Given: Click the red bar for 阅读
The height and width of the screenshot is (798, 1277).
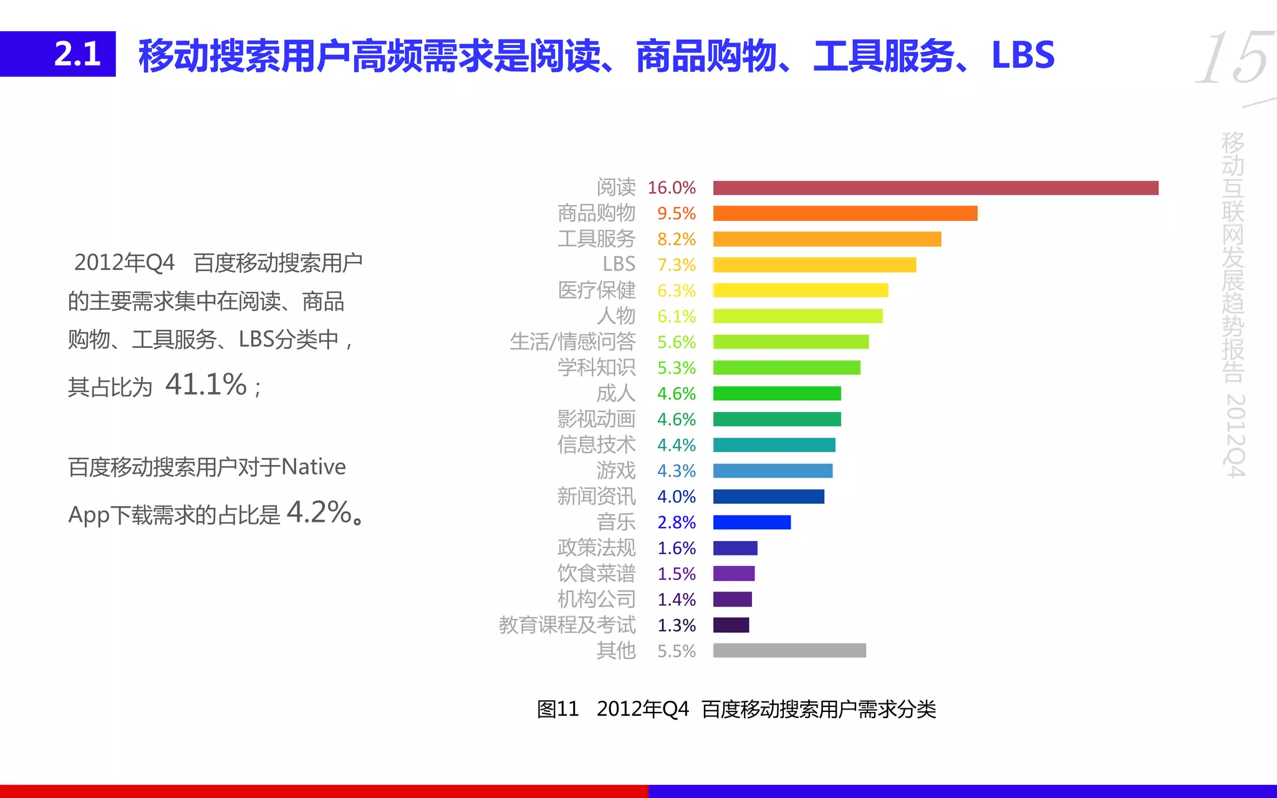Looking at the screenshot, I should coord(935,188).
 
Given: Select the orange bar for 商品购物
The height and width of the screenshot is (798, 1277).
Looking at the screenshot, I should coord(845,213).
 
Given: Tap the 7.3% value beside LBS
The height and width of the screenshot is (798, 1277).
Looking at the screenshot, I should coord(676,265).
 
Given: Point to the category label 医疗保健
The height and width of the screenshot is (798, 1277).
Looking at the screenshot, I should coord(597,291).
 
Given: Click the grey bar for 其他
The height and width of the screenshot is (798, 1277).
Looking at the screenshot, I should coord(789,650).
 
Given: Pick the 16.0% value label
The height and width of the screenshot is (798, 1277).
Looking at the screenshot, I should coord(671,188).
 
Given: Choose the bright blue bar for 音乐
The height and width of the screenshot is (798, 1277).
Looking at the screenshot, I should coord(752,522).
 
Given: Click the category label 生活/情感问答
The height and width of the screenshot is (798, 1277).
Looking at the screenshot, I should coord(572,342).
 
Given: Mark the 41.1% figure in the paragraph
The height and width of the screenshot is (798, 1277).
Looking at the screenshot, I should coord(206,384).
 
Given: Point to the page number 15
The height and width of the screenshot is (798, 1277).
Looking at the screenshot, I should coord(1233,59).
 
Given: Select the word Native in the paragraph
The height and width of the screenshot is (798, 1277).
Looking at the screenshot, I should coord(314,467).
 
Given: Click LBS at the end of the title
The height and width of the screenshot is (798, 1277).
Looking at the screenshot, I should coord(1023,55).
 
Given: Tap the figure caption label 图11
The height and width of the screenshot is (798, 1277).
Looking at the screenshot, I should coord(558,709).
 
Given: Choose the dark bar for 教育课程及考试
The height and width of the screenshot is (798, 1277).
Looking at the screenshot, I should coord(731,625).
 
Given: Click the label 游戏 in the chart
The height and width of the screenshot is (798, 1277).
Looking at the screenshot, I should coord(615,470).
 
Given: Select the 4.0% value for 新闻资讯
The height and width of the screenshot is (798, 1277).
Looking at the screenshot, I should coord(676,496).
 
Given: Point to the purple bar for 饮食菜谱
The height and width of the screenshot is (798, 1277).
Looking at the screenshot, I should coord(734,574).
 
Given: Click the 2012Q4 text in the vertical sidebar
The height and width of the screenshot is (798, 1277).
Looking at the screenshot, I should coord(1235,435).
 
